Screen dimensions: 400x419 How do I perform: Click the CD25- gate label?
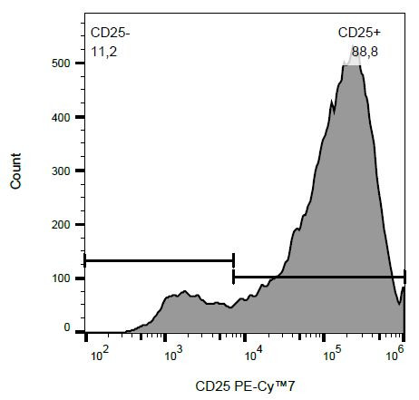click(x=109, y=33)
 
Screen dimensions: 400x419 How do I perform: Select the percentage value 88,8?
click(x=364, y=53)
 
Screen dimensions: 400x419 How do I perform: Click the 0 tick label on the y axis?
click(x=65, y=327)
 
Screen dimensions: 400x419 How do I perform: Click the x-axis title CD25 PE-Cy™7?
click(x=245, y=386)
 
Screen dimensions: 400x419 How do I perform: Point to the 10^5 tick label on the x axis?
click(x=326, y=350)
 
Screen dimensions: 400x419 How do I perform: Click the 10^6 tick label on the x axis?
click(x=397, y=350)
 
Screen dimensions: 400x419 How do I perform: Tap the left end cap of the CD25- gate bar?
click(x=84, y=260)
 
